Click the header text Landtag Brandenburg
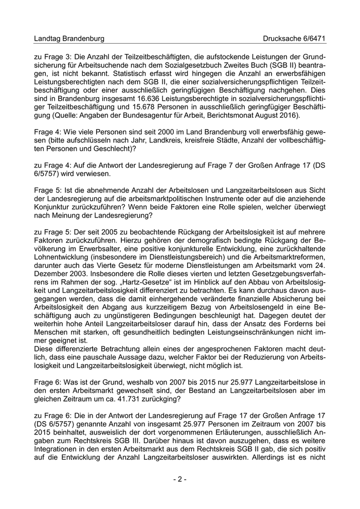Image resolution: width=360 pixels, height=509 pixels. pyautogui.click(x=69, y=39)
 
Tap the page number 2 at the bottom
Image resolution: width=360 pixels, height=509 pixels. pyautogui.click(x=179, y=479)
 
